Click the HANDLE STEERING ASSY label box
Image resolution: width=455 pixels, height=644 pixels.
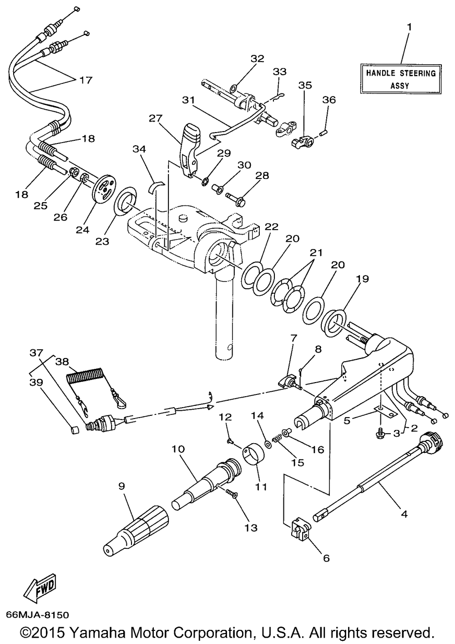coord(401,79)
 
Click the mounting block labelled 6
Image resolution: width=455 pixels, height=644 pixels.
coord(300,530)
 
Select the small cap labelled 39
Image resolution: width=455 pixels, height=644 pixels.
coord(75,430)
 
